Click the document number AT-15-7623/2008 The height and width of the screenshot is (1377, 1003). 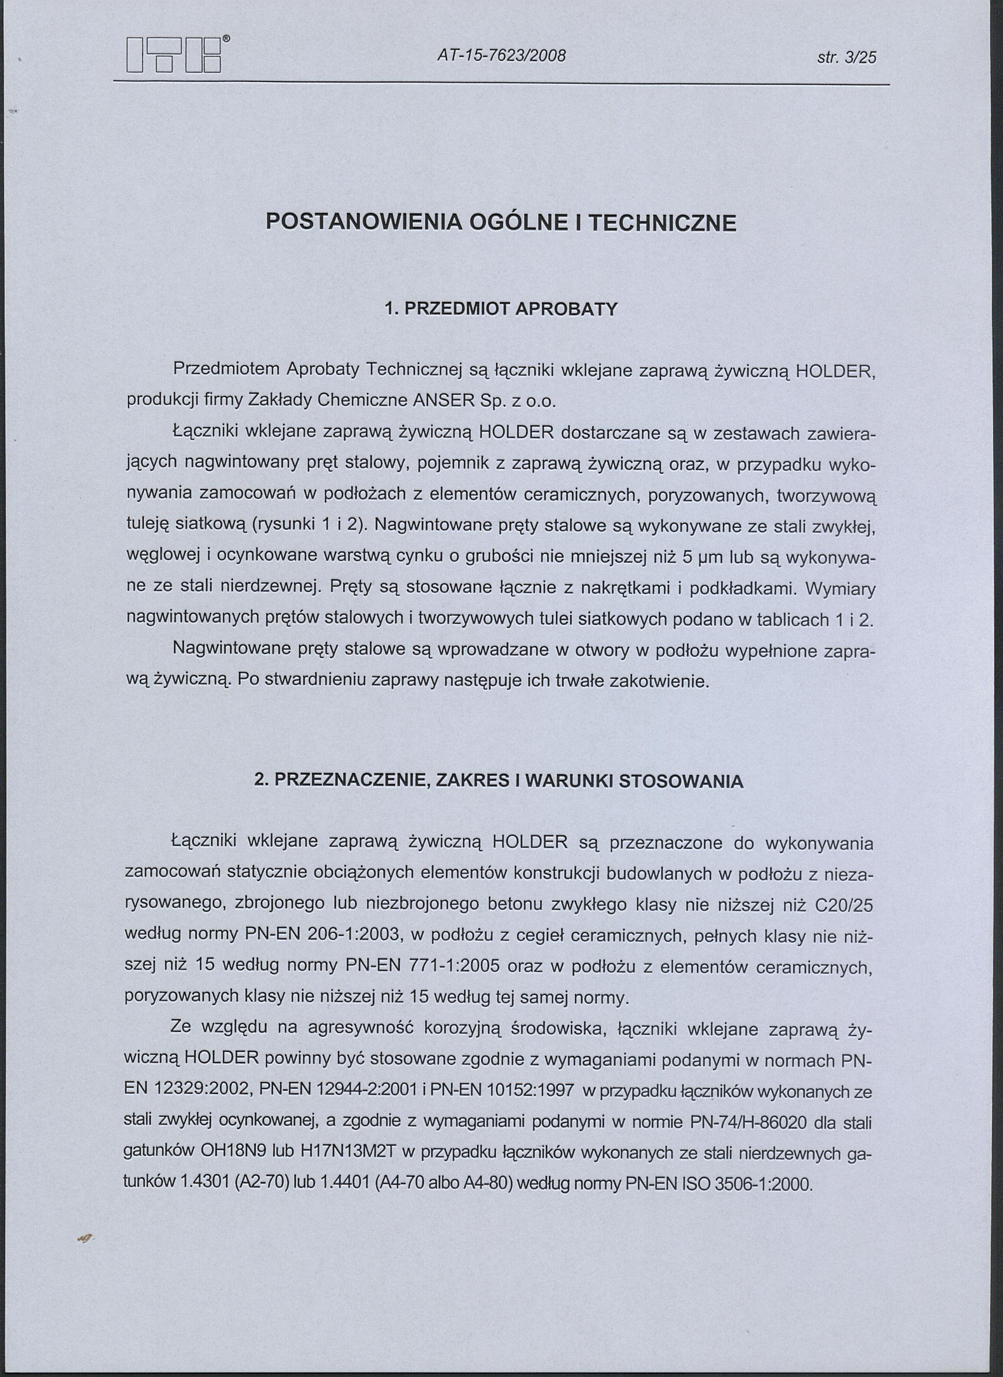501,57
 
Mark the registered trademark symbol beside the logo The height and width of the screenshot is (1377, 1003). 226,38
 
